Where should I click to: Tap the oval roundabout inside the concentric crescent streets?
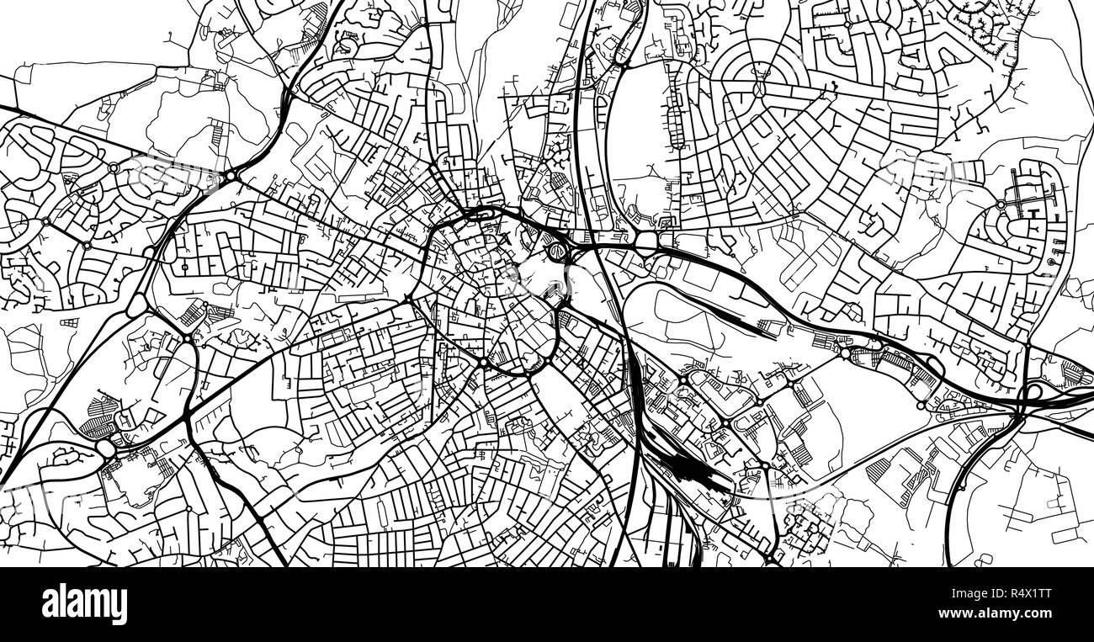coord(760,88)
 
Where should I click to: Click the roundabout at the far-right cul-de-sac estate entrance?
coord(1001,204)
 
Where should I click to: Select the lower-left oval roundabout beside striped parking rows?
coord(107,449)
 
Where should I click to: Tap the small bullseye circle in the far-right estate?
coord(1052,263)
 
